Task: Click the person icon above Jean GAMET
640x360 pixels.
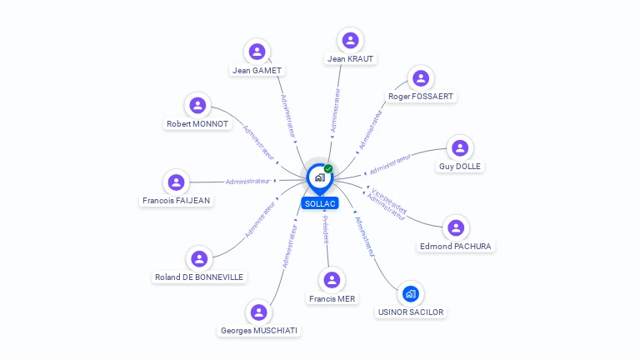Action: (257, 52)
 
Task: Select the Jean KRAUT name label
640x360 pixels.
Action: (351, 59)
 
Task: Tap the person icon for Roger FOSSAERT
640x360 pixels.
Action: (421, 78)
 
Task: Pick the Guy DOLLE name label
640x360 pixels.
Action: (460, 167)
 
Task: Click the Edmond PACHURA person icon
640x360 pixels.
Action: (456, 227)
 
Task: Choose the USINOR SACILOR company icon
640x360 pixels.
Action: (410, 293)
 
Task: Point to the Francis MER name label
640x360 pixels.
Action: (332, 299)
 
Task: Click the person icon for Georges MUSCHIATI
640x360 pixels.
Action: (259, 312)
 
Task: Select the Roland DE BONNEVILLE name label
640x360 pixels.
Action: (200, 277)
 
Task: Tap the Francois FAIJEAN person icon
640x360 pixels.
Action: (176, 182)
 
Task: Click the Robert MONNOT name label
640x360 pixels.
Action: (197, 124)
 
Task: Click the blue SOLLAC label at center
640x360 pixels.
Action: (320, 203)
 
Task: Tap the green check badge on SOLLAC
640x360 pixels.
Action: (328, 169)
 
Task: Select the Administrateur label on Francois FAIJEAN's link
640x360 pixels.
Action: (248, 181)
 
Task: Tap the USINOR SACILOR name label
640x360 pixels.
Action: (411, 312)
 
